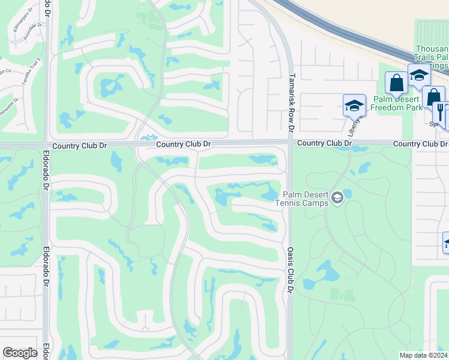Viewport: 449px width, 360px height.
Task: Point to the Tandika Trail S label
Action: [27, 71]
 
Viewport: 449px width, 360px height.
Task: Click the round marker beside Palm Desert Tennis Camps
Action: [337, 197]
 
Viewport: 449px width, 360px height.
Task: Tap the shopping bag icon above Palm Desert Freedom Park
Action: [396, 83]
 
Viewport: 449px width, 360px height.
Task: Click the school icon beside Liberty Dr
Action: [354, 105]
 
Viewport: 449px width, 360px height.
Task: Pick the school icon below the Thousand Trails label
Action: [418, 75]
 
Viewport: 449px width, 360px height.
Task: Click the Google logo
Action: [20, 353]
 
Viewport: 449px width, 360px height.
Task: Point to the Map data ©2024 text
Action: [423, 355]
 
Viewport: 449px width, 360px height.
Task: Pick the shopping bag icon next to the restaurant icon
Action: [433, 96]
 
